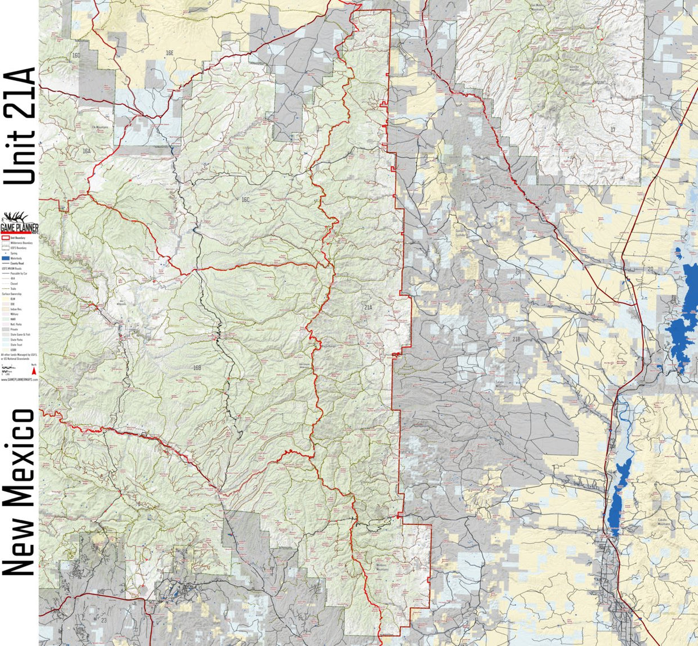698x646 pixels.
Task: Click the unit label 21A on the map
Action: click(x=367, y=306)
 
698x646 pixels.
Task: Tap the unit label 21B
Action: click(x=516, y=338)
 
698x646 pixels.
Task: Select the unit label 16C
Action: click(x=245, y=199)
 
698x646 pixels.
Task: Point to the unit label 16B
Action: click(x=197, y=367)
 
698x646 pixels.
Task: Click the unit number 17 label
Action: click(x=612, y=129)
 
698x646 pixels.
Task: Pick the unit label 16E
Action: click(x=169, y=53)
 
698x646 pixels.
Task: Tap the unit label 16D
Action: click(x=76, y=55)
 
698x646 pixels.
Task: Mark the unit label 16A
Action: click(x=86, y=151)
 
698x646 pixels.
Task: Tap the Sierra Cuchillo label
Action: click(x=461, y=232)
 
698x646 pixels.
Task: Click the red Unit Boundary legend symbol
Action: click(x=6, y=238)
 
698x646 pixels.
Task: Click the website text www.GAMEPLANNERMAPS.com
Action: click(x=19, y=379)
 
